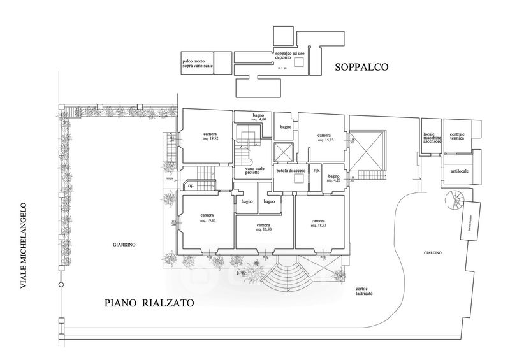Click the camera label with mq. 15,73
[323, 138]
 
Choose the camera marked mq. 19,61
[206, 217]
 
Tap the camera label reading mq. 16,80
[263, 227]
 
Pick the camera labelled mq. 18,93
[319, 223]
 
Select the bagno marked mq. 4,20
[334, 178]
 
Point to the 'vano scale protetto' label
[246, 171]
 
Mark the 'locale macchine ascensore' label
[432, 139]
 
